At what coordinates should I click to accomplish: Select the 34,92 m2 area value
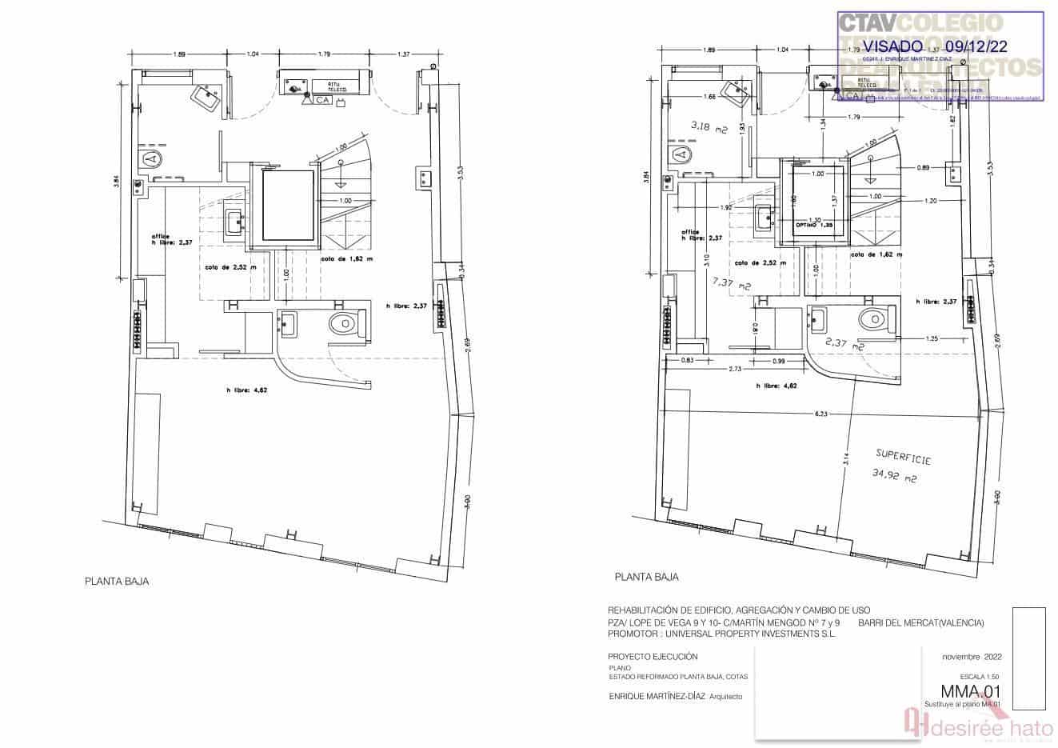coord(892,478)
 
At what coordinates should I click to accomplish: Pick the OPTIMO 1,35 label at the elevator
coord(813,225)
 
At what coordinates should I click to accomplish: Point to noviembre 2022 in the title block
coord(972,656)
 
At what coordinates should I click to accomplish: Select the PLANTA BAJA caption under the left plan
coord(117,582)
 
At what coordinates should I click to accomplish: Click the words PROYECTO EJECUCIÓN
coord(647,656)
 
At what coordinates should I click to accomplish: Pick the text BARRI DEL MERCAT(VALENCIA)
coord(920,623)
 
